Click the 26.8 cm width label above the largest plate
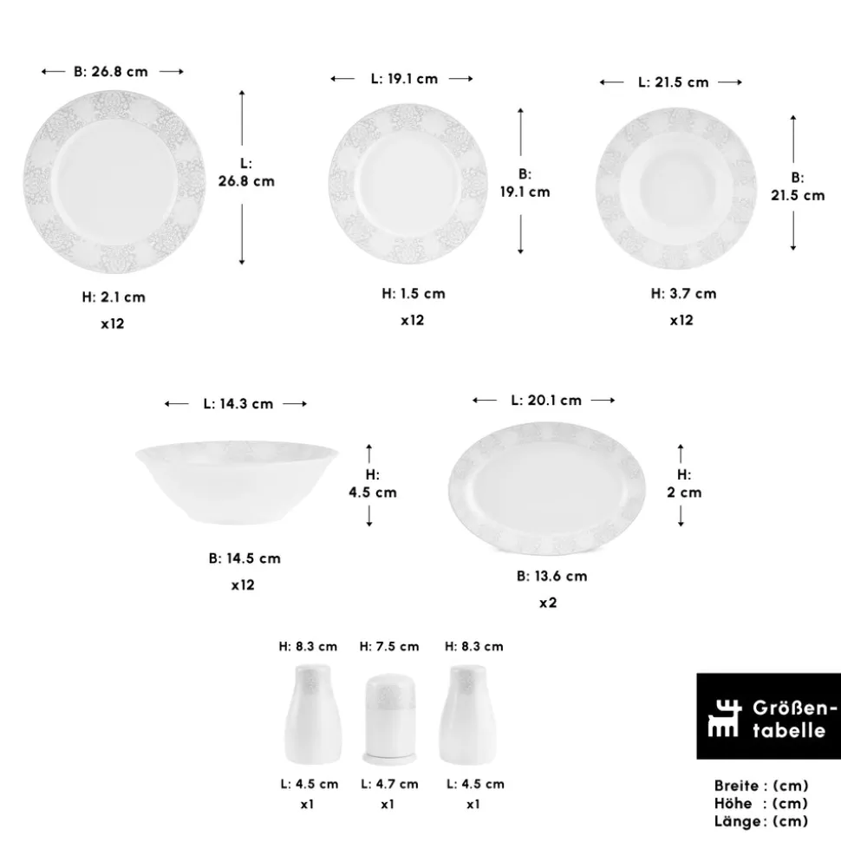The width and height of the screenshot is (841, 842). (x=111, y=71)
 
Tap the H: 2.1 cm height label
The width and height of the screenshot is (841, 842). (x=114, y=297)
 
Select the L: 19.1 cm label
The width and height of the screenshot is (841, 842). (x=404, y=79)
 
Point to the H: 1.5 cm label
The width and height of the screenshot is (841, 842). (x=414, y=294)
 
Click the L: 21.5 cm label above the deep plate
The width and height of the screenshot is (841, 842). (x=674, y=82)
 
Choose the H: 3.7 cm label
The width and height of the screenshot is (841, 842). (x=684, y=294)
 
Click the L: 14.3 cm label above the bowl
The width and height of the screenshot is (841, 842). (x=238, y=404)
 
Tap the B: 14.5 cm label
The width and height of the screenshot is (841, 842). (x=244, y=558)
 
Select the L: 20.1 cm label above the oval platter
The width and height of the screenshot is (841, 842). (x=546, y=401)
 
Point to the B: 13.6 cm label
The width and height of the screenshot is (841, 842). (x=551, y=576)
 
